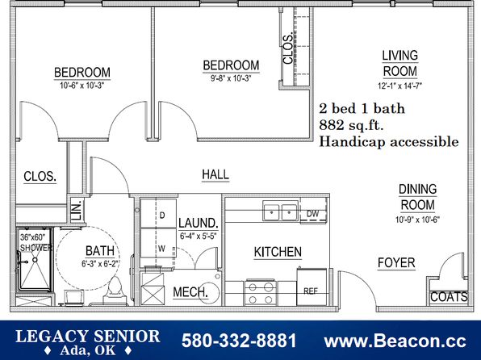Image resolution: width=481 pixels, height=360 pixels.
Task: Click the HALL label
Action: [x=215, y=174]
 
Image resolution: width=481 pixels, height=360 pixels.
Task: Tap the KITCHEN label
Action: [x=278, y=252]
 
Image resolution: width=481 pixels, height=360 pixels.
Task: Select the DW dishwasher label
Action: [x=312, y=214]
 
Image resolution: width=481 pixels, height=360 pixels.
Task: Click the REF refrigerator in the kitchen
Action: [x=312, y=287]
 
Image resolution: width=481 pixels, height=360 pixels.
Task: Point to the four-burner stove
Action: [x=261, y=292]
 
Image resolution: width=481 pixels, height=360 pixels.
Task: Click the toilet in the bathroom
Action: [x=115, y=291]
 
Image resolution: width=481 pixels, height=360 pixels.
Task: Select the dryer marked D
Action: [x=158, y=214]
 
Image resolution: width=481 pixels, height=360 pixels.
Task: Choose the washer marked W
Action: [x=158, y=247]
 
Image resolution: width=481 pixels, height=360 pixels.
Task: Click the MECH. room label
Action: [x=190, y=292]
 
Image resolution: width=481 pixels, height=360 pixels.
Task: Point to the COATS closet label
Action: [x=449, y=297]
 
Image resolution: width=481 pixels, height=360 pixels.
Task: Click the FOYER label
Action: [x=396, y=263]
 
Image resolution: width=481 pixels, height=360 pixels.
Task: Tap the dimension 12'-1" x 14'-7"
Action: [x=399, y=86]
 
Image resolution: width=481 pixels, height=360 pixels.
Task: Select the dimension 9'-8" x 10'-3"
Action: [x=231, y=78]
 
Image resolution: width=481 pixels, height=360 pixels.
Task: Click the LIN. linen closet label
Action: [x=77, y=210]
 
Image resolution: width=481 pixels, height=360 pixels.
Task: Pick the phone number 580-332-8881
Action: [x=239, y=341]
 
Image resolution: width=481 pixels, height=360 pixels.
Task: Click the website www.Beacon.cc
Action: [x=395, y=341]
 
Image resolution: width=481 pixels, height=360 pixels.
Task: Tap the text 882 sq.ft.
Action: [x=351, y=125]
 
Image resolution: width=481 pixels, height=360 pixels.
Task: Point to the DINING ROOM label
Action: [x=417, y=197]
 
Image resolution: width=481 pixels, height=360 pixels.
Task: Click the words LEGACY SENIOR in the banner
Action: [x=88, y=337]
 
